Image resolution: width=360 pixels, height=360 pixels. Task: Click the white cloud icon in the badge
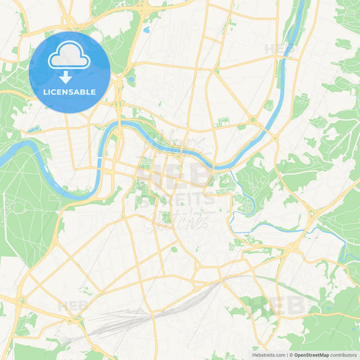click(x=70, y=55)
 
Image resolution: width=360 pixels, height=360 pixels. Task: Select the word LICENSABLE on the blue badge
click(x=70, y=92)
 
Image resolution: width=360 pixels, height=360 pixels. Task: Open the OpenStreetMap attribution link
click(x=311, y=354)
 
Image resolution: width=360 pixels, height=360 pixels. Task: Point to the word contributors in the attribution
click(x=342, y=354)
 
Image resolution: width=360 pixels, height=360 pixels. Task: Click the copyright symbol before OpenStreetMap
click(x=291, y=354)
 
